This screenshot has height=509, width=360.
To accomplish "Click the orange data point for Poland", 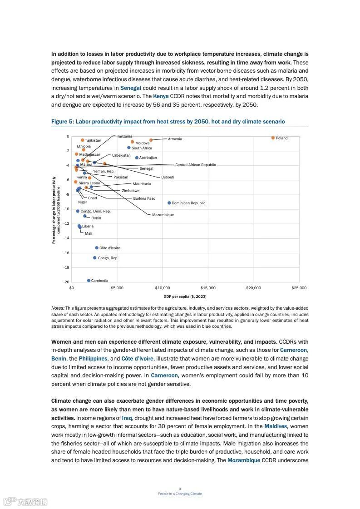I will [273, 138].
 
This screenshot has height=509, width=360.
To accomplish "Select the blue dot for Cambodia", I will [89, 281].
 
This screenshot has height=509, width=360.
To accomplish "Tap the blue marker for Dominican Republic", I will [169, 203].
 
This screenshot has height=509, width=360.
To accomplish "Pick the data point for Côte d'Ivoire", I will [97, 248].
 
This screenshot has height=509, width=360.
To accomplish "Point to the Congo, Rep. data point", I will [95, 258].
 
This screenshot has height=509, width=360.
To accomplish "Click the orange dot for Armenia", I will [151, 140].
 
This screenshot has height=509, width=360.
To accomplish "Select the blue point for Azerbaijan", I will [137, 158].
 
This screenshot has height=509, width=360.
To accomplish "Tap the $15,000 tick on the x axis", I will [208, 288].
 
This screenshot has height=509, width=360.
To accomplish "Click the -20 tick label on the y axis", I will [66, 282].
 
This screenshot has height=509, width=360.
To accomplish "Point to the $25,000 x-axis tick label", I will [299, 288].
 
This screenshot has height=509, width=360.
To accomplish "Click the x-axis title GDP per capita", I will [185, 297].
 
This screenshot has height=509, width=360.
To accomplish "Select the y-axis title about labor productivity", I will [56, 210].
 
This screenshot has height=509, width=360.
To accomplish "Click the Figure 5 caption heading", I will [168, 122].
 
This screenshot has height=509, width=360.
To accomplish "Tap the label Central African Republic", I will [196, 165].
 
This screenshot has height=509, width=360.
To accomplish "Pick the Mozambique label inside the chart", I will [163, 215].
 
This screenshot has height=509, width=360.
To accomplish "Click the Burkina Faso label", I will [144, 198].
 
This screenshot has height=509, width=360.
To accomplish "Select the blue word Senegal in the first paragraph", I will [131, 88].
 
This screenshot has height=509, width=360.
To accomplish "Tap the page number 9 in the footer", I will [180, 489].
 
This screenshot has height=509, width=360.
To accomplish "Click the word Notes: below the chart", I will [58, 308].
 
